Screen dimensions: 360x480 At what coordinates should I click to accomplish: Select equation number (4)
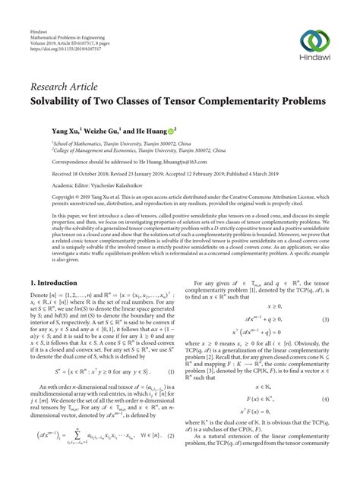tap(326, 421)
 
